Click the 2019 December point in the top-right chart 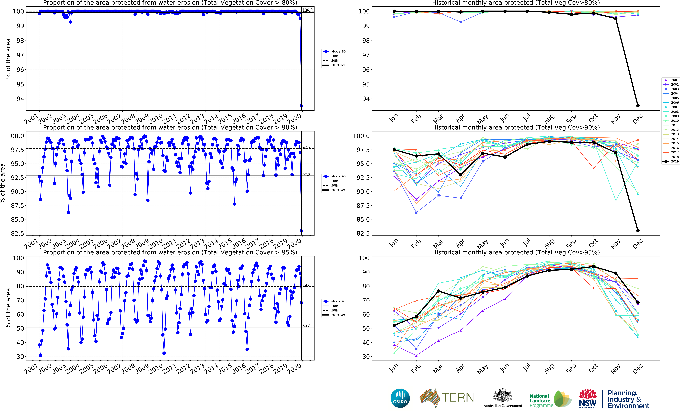(638, 106)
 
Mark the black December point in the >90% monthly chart (638, 231)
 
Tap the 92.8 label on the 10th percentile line (306, 175)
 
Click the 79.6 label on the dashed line (306, 285)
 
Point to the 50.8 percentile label (306, 326)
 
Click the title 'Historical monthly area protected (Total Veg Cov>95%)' (515, 252)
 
